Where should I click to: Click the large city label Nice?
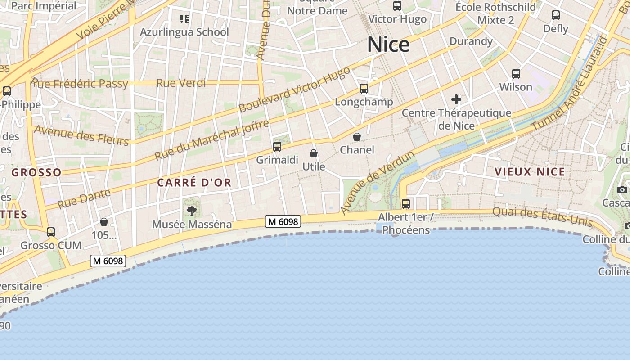click(388, 45)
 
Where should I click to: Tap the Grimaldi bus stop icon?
click(277, 146)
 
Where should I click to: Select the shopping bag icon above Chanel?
click(357, 136)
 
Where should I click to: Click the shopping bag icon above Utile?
click(314, 153)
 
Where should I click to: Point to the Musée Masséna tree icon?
click(192, 211)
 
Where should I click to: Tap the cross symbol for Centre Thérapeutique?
click(456, 99)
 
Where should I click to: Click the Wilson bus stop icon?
click(516, 73)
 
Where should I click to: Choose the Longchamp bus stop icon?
click(364, 89)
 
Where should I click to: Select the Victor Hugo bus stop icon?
click(397, 6)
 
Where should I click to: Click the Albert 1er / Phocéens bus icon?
click(406, 203)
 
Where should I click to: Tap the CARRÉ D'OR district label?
click(194, 182)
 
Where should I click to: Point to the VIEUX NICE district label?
click(530, 171)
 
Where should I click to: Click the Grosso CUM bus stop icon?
click(51, 232)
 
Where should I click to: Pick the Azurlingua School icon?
click(184, 19)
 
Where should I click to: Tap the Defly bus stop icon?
click(556, 15)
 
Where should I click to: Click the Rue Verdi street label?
click(181, 83)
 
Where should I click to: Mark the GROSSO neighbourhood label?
click(36, 172)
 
